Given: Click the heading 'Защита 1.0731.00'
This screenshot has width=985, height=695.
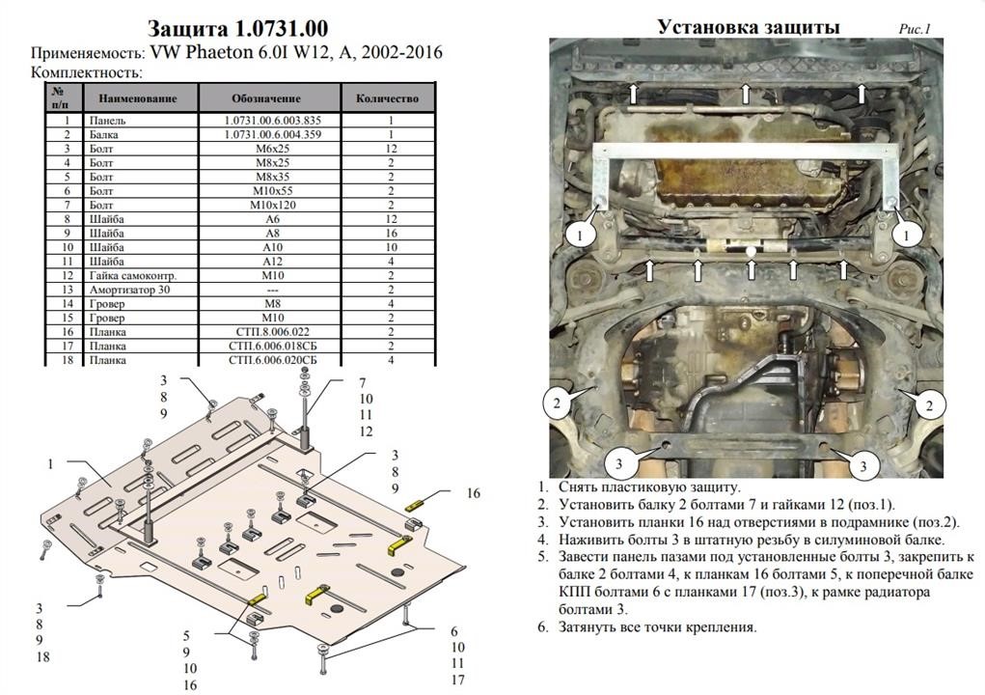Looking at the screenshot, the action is tap(237, 28).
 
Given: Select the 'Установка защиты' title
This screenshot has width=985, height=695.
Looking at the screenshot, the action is tap(749, 27).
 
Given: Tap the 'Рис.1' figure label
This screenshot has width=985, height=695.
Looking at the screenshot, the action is tap(914, 29).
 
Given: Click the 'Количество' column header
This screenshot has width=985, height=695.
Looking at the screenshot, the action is tap(387, 98).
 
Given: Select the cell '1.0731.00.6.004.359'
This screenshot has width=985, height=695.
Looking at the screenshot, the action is tap(273, 134).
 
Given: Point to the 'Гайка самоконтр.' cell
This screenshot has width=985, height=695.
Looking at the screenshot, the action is tap(133, 275).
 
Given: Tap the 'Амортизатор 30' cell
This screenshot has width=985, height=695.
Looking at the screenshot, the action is tap(129, 290).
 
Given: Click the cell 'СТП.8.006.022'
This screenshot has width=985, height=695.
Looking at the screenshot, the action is tap(269, 332).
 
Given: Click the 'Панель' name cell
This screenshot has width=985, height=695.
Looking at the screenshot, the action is tap(107, 121).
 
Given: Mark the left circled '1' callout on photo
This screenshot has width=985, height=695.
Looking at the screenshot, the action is tap(580, 236).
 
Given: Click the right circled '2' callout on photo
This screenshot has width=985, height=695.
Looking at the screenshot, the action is tap(930, 406).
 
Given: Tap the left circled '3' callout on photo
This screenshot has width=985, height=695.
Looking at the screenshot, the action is tap(618, 463).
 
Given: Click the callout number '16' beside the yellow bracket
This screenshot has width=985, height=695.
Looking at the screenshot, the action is tap(473, 493).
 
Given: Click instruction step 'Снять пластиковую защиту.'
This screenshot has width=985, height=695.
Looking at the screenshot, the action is tap(649, 487).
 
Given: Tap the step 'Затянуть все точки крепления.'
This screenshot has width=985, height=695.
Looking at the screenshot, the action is tap(657, 626).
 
